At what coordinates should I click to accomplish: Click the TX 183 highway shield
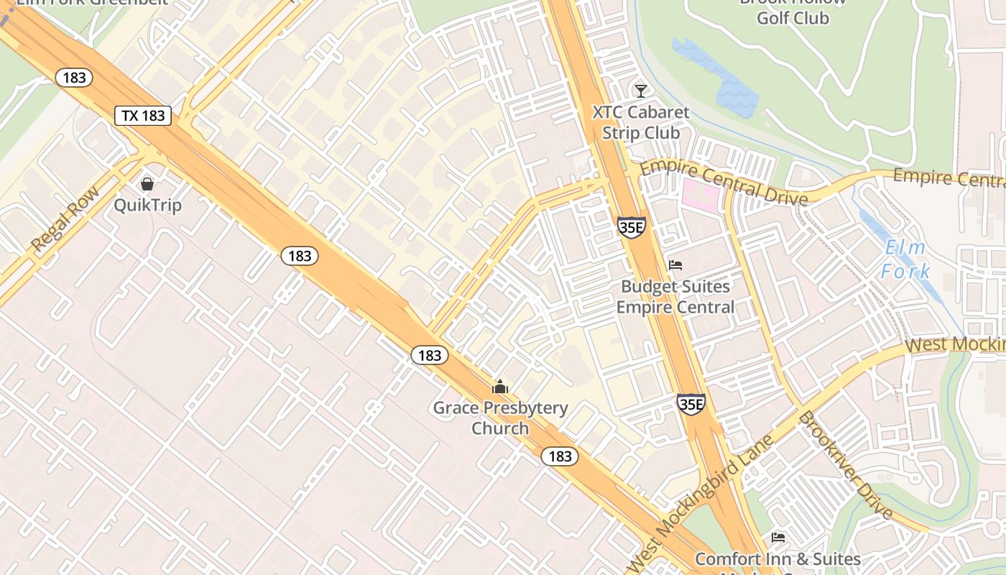[x=143, y=115]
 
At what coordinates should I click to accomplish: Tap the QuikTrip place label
[x=148, y=206]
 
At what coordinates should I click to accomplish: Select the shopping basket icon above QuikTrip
[x=147, y=184]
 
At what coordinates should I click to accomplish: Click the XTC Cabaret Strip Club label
[x=641, y=123]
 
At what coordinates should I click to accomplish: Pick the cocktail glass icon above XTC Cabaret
[x=640, y=91]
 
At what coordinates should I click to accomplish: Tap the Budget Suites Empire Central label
[x=675, y=297]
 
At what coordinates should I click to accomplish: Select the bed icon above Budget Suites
[x=675, y=265]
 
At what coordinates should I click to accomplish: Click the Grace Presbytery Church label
[x=500, y=418]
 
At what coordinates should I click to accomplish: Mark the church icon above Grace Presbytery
[x=500, y=387]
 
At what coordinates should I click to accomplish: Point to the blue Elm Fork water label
[x=905, y=259]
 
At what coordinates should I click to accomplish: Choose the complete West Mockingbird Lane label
[x=701, y=501]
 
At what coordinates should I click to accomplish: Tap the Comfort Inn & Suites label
[x=777, y=558]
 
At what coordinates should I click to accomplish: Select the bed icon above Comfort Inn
[x=777, y=537]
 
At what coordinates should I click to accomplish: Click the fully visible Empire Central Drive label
[x=724, y=183]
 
